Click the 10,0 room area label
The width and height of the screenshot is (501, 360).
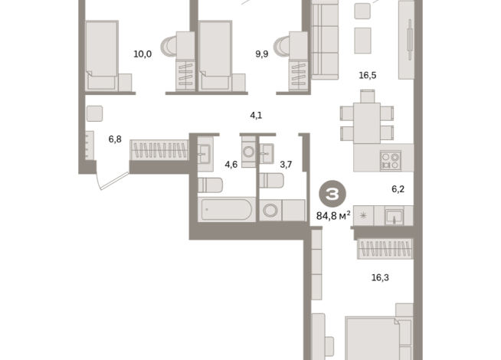[142, 54]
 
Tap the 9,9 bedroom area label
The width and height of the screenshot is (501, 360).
[263, 54]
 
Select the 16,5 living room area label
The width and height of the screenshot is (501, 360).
[368, 75]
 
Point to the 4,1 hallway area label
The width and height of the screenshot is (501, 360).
[256, 116]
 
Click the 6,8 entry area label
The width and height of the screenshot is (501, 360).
[115, 139]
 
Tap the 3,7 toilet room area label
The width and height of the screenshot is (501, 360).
[286, 164]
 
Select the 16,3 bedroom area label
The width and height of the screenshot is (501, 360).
[380, 277]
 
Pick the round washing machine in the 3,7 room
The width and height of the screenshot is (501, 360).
[271, 211]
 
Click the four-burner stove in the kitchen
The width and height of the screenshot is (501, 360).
[391, 161]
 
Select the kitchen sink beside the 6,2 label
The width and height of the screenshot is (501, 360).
[395, 216]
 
